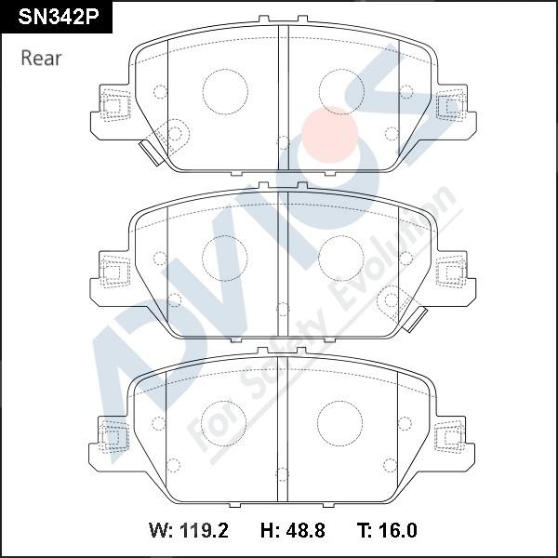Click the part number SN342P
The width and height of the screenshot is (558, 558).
(59, 17)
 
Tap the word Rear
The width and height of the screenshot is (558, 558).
(41, 58)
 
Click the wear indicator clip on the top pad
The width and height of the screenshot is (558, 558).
(152, 153)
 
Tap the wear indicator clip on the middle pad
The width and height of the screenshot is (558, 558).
(415, 319)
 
